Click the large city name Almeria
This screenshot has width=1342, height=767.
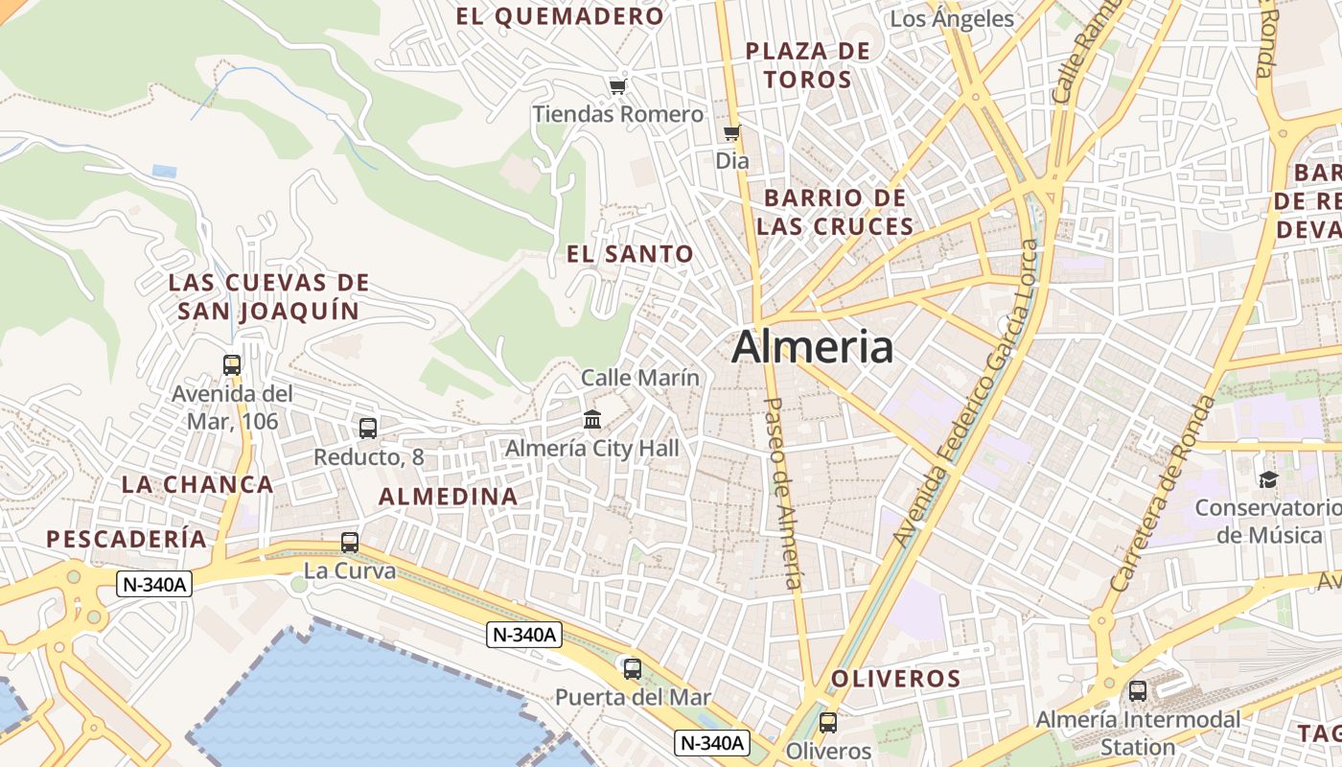(x=812, y=346)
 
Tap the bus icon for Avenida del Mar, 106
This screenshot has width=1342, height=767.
(x=232, y=365)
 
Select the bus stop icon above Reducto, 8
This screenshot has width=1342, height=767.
(x=368, y=429)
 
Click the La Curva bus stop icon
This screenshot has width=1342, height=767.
(x=350, y=543)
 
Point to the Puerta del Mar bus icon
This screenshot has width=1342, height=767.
(x=633, y=669)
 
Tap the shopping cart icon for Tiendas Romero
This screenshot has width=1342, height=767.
(x=618, y=87)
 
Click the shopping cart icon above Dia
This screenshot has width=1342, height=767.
(x=732, y=133)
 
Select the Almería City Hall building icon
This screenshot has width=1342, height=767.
(x=592, y=420)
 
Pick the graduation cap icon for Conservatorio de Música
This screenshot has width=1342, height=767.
(x=1268, y=479)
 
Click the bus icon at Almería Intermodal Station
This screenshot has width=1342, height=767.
(x=1138, y=690)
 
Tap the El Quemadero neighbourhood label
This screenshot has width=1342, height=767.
(x=560, y=16)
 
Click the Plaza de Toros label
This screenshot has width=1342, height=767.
(x=808, y=65)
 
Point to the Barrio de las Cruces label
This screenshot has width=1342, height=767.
(x=835, y=212)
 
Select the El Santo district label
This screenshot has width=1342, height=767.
(x=630, y=254)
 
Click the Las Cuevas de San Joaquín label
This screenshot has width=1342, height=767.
(x=268, y=296)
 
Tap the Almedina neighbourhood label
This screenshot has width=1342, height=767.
(x=448, y=497)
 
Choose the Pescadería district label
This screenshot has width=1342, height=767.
(x=127, y=539)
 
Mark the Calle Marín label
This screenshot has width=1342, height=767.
(x=640, y=378)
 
